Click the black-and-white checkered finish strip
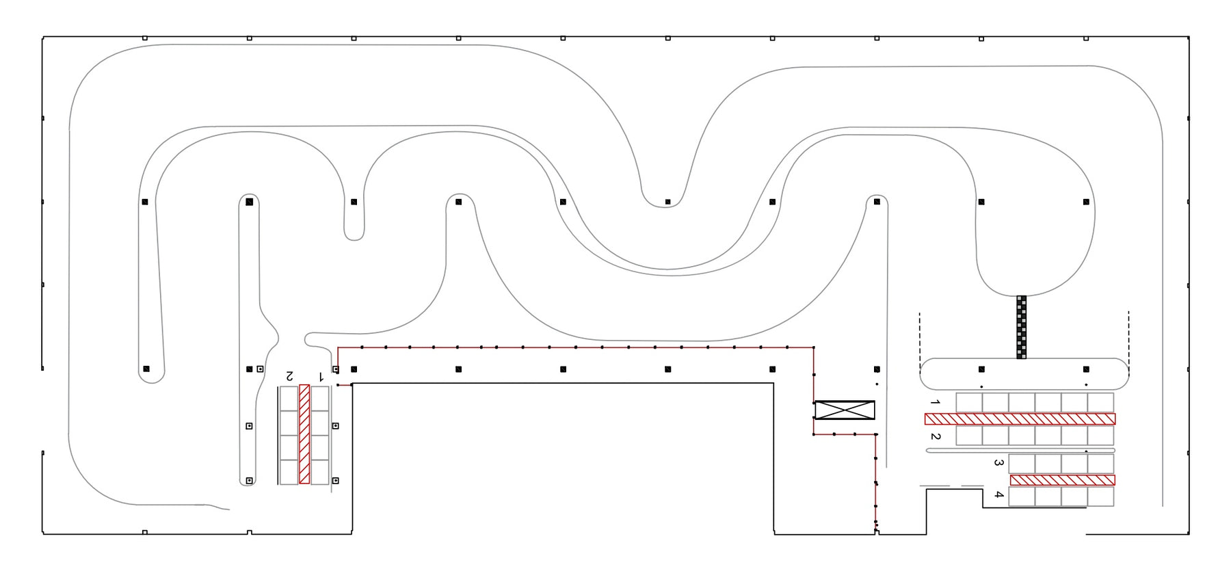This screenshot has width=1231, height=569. [1021, 327]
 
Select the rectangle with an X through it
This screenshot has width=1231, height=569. [845, 410]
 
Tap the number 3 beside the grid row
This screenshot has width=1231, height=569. [998, 463]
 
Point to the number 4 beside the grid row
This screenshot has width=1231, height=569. [998, 494]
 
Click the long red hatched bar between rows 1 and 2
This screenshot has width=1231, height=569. [1020, 419]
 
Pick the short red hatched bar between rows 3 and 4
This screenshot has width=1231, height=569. [1063, 480]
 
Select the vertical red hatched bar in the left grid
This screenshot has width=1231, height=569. [304, 434]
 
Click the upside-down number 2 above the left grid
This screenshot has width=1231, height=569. [289, 376]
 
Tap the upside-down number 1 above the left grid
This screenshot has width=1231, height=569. [321, 376]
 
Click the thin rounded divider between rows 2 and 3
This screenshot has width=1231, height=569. [1020, 451]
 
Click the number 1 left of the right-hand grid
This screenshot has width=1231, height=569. [935, 402]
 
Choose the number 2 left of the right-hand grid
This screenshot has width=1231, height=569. [935, 436]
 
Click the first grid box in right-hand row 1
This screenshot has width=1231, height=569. [969, 403]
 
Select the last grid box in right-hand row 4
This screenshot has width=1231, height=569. [1100, 497]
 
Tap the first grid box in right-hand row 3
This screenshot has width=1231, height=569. [1022, 464]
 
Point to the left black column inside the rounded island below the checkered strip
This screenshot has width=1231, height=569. [981, 369]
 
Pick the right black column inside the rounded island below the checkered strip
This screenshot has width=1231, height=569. [1086, 369]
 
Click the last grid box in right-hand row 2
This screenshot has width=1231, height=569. [1100, 435]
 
